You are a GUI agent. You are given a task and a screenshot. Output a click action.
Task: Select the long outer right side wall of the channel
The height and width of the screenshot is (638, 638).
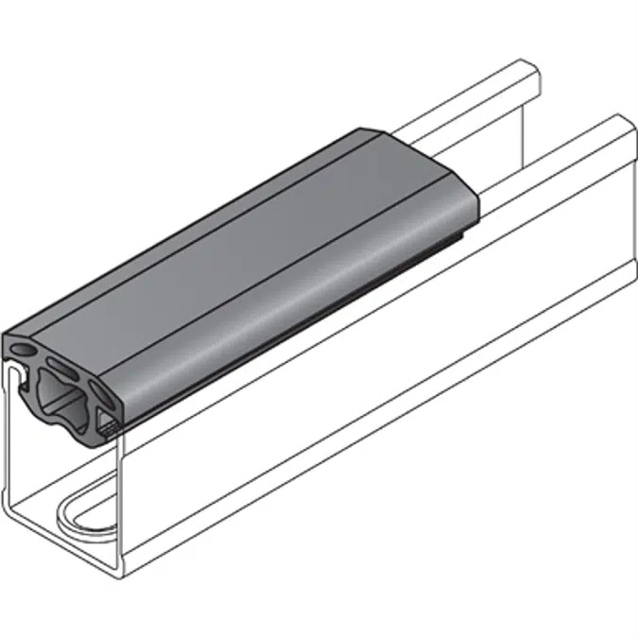click(x=378, y=378)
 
